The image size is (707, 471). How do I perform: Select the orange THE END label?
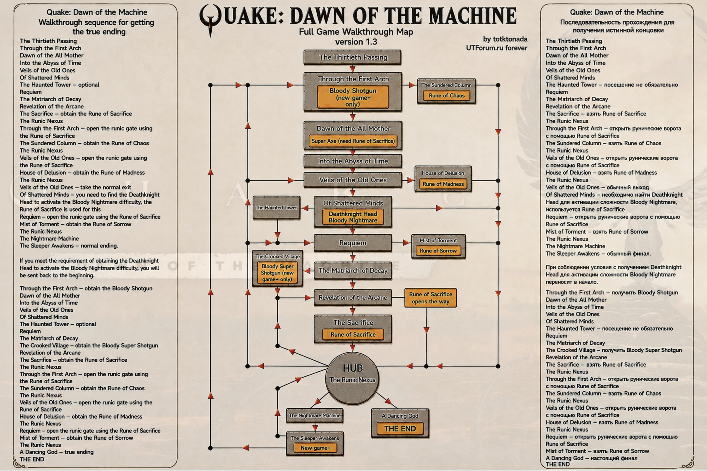click(x=400, y=429)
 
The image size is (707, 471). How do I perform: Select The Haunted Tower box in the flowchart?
click(x=276, y=208)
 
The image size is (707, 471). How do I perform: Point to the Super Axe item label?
click(x=353, y=141)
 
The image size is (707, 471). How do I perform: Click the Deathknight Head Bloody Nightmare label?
click(x=353, y=217)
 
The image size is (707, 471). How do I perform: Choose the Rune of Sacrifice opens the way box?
click(x=430, y=298)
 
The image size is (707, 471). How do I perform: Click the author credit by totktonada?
click(x=505, y=39)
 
